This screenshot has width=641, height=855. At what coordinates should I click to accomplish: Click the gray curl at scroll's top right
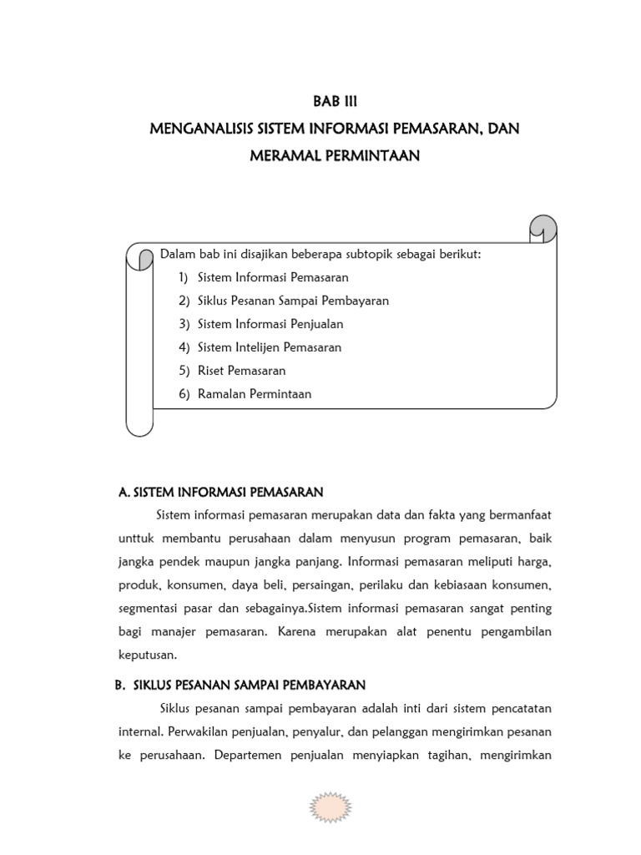coord(543,226)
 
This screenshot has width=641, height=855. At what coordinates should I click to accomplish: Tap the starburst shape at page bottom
coord(331,808)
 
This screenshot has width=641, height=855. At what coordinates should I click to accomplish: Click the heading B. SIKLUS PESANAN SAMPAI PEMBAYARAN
coord(240,686)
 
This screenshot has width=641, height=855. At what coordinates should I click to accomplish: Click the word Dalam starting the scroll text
coord(175,254)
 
